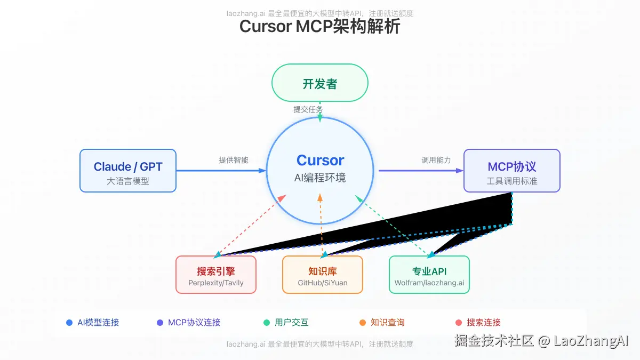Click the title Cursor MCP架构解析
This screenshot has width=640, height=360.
[x=319, y=27]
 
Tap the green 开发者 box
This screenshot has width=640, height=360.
[x=319, y=83]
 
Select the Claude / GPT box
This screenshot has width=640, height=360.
[x=128, y=171]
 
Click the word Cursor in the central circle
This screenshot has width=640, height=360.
[x=320, y=160]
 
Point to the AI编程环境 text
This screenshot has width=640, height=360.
[x=320, y=178]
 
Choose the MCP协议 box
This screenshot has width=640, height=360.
[x=511, y=171]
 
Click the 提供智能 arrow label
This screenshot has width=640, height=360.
[x=233, y=160]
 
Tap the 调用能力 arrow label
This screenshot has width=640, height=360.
[x=436, y=160]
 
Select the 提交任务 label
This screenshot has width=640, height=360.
[x=308, y=109]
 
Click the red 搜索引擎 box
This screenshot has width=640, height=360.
[x=216, y=275]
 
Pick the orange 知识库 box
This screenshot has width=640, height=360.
[x=323, y=275]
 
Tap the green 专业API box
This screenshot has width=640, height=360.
[x=429, y=275]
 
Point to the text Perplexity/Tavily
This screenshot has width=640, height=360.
[x=216, y=283]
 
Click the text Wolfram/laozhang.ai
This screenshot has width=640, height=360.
[x=429, y=283]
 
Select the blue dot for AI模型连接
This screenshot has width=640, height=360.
[x=69, y=323]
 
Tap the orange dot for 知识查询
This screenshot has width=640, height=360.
[x=363, y=323]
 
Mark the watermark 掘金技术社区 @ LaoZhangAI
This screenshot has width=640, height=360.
[x=541, y=341]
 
